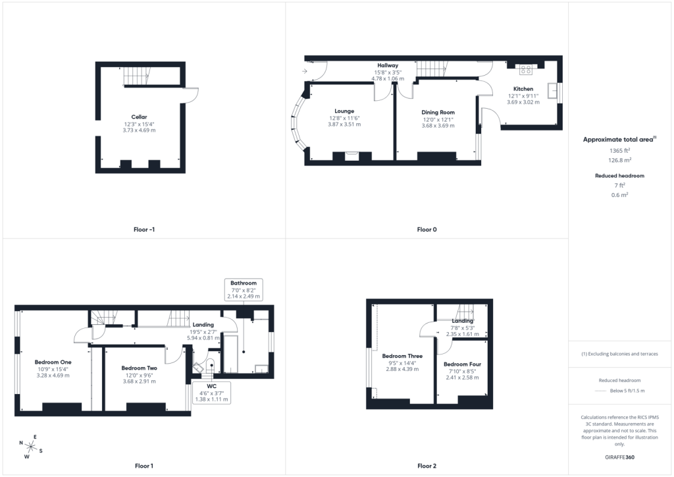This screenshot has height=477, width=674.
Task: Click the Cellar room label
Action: pos(139,117)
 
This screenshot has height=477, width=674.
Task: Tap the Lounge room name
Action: pos(344,111)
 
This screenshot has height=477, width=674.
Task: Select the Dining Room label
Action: pos(438,112)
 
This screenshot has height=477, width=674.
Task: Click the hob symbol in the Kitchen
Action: pos(526,69)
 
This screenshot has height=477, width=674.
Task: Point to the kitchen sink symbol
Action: pos(553,91)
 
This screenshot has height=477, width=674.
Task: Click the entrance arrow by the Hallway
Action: pos(304,71)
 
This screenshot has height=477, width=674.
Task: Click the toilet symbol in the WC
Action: pos(211,367)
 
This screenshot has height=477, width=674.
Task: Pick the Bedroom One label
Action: pos(53,362)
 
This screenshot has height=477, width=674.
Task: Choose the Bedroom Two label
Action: pos(140,368)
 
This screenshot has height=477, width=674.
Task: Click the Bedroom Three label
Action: pos(402,356)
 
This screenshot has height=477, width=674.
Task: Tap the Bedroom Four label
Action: pos(463,364)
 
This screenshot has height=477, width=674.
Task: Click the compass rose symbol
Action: pos(30,447)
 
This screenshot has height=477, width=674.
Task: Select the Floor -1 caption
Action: pos(144,230)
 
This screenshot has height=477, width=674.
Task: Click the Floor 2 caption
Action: pos(427,466)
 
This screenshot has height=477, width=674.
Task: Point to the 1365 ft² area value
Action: pos(620,150)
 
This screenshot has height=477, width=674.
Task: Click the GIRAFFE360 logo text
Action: pos(620,457)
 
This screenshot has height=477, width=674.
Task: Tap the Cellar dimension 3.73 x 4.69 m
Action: pos(139,130)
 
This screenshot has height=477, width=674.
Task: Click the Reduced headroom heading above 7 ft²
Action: pos(620,175)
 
